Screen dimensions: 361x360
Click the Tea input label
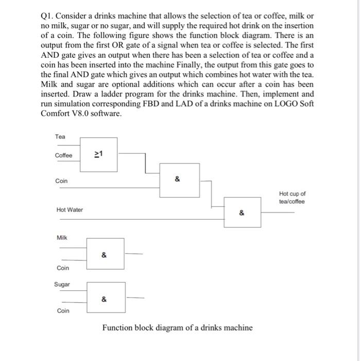click(x=60, y=137)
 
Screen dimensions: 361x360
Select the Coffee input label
click(x=64, y=156)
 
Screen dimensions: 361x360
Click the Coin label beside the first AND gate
click(x=61, y=181)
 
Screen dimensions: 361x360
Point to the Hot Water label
click(x=70, y=209)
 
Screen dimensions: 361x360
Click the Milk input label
click(x=62, y=238)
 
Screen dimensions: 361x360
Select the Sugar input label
click(x=62, y=284)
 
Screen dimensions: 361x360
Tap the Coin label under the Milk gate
click(x=63, y=268)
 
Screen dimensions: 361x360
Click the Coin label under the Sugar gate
click(x=63, y=310)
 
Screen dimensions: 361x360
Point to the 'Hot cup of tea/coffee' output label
click(x=293, y=198)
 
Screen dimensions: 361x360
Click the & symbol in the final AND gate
click(x=242, y=212)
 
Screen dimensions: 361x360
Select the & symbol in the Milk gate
click(x=104, y=255)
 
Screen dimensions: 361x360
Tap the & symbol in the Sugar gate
click(x=104, y=299)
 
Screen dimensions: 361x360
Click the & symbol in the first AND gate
click(x=178, y=179)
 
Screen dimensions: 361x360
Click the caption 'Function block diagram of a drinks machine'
click(x=178, y=327)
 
